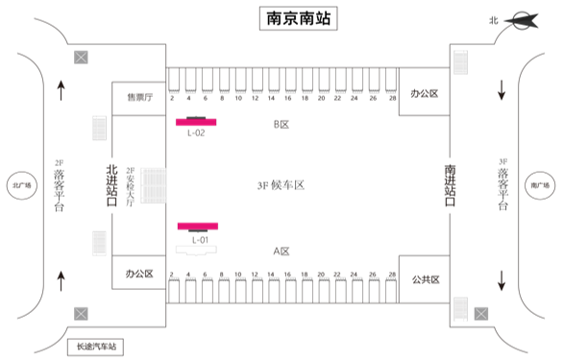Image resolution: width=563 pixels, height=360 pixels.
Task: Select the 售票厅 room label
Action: pyautogui.click(x=140, y=97)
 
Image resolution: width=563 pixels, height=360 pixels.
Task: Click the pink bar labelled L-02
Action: pyautogui.click(x=196, y=122)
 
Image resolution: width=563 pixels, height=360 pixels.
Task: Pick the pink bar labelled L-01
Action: pyautogui.click(x=198, y=226)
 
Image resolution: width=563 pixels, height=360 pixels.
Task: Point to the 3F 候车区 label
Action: pyautogui.click(x=281, y=185)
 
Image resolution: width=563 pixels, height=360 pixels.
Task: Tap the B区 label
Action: pyautogui.click(x=281, y=124)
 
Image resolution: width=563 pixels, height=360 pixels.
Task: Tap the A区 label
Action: pyautogui.click(x=281, y=251)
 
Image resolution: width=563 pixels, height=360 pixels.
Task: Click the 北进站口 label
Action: pyautogui.click(x=111, y=185)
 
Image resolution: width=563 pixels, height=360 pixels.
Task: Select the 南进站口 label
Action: pyautogui.click(x=451, y=185)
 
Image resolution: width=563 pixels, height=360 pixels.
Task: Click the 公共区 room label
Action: pyautogui.click(x=425, y=279)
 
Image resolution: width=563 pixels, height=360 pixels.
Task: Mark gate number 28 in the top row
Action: pyautogui.click(x=392, y=98)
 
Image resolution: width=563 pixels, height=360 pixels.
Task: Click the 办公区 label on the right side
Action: pyautogui.click(x=424, y=93)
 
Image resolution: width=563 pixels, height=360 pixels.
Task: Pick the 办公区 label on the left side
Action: pyautogui.click(x=139, y=274)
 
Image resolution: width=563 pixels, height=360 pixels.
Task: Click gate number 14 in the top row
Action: pyautogui.click(x=273, y=98)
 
